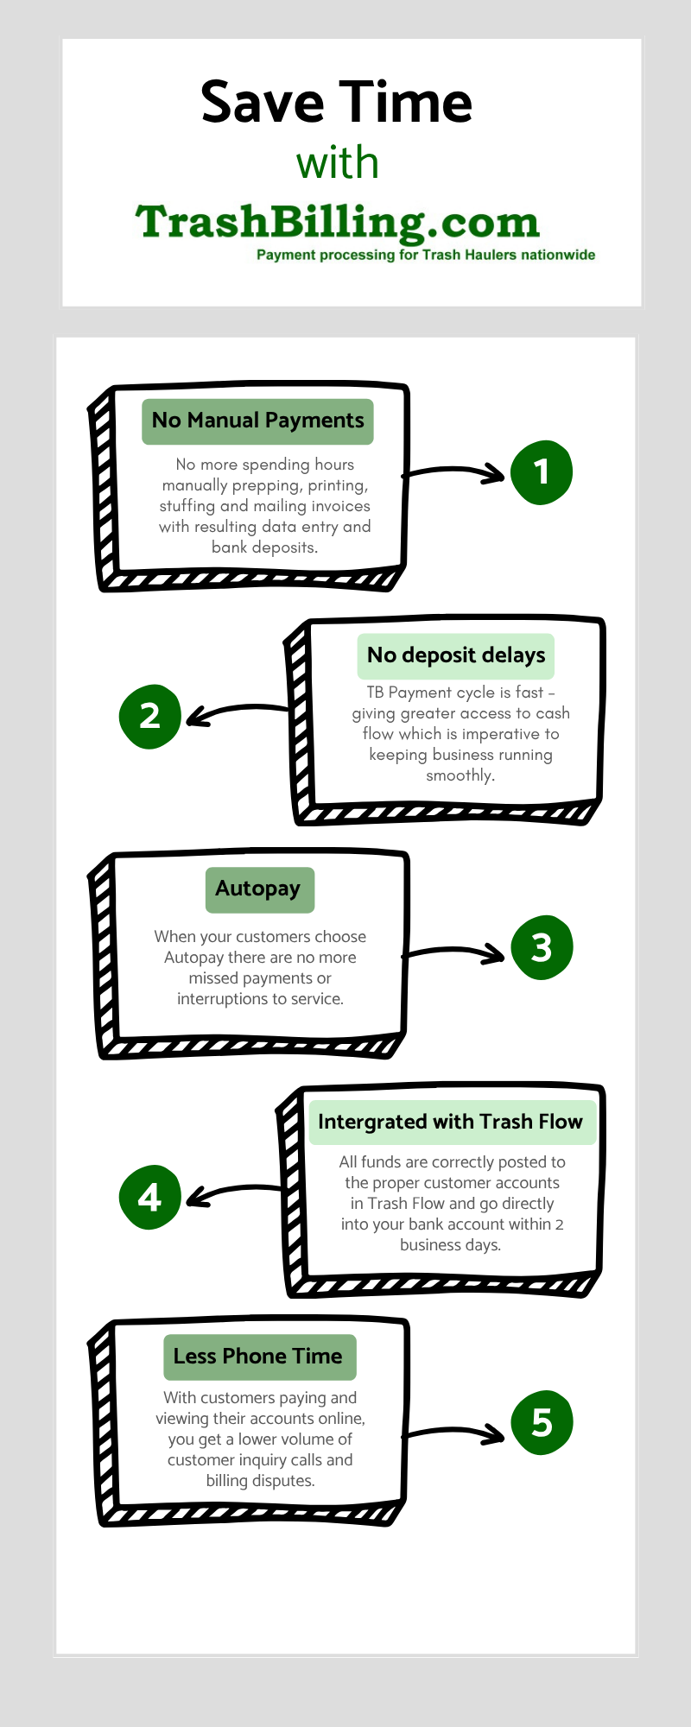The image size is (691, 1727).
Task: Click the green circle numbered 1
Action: [x=542, y=472]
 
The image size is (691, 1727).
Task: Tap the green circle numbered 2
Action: [x=150, y=716]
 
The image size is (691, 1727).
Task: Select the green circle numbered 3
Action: [x=542, y=947]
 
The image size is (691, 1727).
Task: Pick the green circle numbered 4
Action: [x=150, y=1197]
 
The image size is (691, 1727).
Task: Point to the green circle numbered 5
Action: [x=542, y=1422]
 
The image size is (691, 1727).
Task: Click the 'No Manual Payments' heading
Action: [x=257, y=421]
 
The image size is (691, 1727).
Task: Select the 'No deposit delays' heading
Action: [x=456, y=655]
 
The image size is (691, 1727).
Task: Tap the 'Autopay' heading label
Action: [x=258, y=889]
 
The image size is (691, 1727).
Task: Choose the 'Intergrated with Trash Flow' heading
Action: [x=450, y=1122]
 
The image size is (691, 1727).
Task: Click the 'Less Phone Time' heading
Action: [x=258, y=1356]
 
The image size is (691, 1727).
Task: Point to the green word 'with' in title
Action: [x=338, y=163]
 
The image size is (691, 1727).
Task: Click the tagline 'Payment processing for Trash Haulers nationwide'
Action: [x=426, y=255]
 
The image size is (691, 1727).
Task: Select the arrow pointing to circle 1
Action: [x=454, y=471]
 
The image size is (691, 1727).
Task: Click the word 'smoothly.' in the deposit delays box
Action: [x=460, y=775]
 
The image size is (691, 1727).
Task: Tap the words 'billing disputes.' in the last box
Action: [x=261, y=1481]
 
